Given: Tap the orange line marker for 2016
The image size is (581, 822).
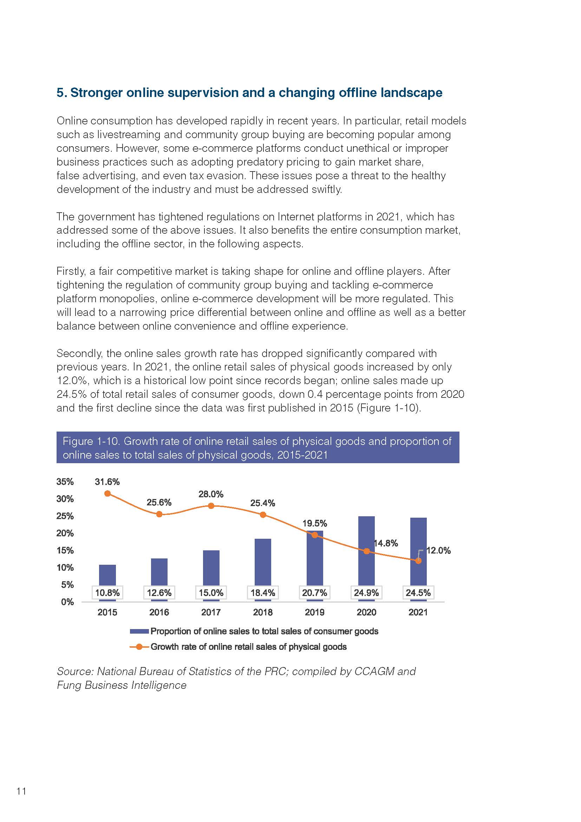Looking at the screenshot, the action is (x=159, y=514).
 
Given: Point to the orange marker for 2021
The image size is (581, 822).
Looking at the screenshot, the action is (x=418, y=561).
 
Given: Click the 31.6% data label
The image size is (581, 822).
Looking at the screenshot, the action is (x=107, y=482).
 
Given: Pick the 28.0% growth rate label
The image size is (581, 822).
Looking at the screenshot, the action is (x=211, y=494).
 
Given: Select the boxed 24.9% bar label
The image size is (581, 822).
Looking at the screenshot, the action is (x=366, y=593).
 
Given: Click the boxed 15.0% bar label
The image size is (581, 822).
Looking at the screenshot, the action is (x=211, y=593).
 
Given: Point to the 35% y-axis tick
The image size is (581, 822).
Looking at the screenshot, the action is (x=65, y=481).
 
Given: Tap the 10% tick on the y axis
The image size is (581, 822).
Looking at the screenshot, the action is (x=65, y=568).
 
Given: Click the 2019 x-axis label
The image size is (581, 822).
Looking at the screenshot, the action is (x=314, y=612).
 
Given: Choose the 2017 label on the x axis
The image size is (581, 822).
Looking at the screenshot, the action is (x=211, y=612).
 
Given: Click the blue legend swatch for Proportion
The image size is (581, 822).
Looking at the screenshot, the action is (x=139, y=631).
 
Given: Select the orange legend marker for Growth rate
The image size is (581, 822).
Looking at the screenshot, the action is (x=139, y=647).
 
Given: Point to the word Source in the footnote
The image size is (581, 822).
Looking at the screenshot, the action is (x=74, y=671).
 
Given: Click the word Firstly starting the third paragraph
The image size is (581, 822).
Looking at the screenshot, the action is (x=71, y=272).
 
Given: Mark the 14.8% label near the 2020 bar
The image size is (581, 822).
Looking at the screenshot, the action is (x=386, y=543).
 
